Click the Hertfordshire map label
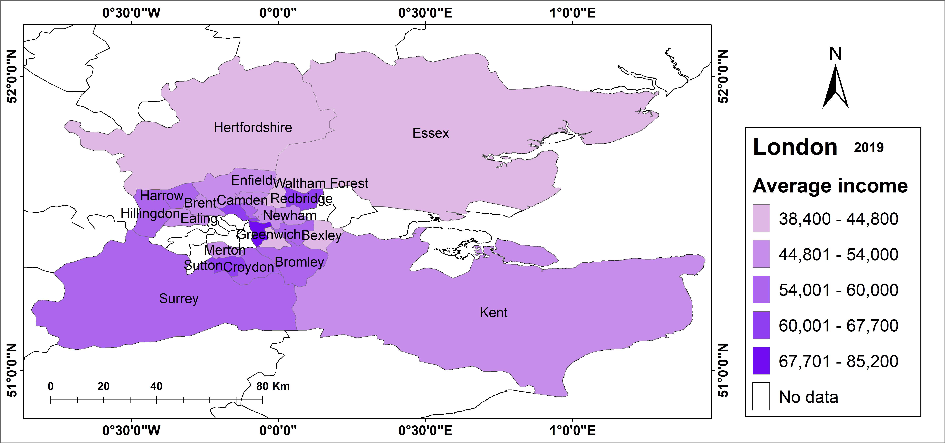pos(253,128)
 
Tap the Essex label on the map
pos(431,133)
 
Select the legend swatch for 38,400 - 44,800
pos(761,218)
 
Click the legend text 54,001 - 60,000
pos(838,290)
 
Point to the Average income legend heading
pos(830,186)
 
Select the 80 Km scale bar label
pos(273,386)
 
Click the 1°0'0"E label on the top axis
pos(572,13)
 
